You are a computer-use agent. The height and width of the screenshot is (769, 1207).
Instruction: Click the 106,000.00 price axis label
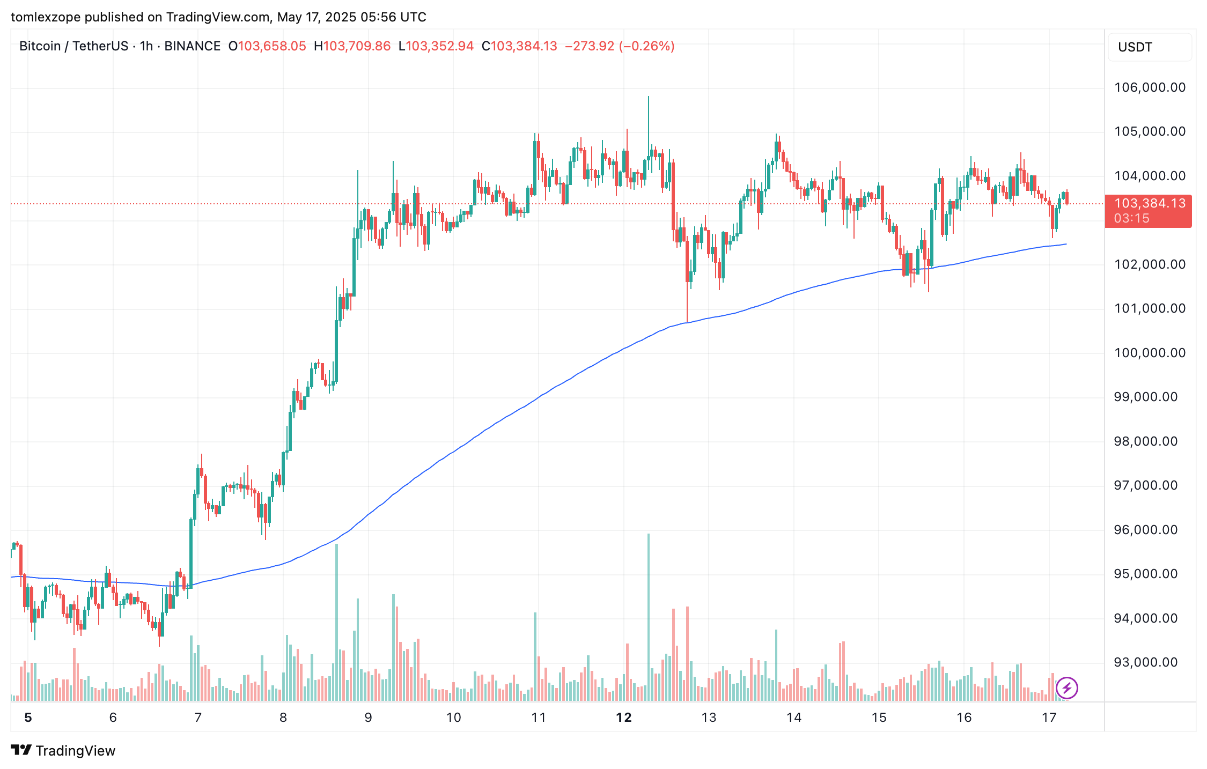click(x=1150, y=87)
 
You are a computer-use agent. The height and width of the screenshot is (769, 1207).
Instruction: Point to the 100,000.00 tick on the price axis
click(x=1150, y=353)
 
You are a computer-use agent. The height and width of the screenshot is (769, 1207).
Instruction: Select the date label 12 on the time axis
click(x=624, y=718)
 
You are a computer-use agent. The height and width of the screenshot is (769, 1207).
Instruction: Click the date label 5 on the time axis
click(x=28, y=718)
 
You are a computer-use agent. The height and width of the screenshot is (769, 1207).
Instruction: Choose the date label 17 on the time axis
click(x=1049, y=718)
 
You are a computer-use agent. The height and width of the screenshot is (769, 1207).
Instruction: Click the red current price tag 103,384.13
click(x=1150, y=203)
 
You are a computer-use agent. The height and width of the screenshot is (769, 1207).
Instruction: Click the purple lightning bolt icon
click(x=1066, y=687)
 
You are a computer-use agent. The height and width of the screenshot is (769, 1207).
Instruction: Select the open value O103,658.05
click(x=267, y=46)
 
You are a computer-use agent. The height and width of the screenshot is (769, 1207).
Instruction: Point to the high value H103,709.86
click(x=352, y=46)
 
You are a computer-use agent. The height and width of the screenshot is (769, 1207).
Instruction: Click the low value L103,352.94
click(x=436, y=46)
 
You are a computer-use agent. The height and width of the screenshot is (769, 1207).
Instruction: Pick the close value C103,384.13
click(x=519, y=46)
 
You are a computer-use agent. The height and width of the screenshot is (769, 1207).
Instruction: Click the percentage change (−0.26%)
click(x=646, y=46)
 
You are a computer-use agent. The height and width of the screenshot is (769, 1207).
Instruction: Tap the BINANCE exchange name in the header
click(x=192, y=46)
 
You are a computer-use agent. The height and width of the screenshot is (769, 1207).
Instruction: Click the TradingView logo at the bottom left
click(x=63, y=750)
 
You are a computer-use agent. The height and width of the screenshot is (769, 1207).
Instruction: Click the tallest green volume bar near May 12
click(x=648, y=617)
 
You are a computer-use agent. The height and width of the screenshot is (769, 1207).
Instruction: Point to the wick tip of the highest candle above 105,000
click(x=648, y=97)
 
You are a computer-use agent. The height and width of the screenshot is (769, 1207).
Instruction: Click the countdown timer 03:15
click(x=1132, y=218)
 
